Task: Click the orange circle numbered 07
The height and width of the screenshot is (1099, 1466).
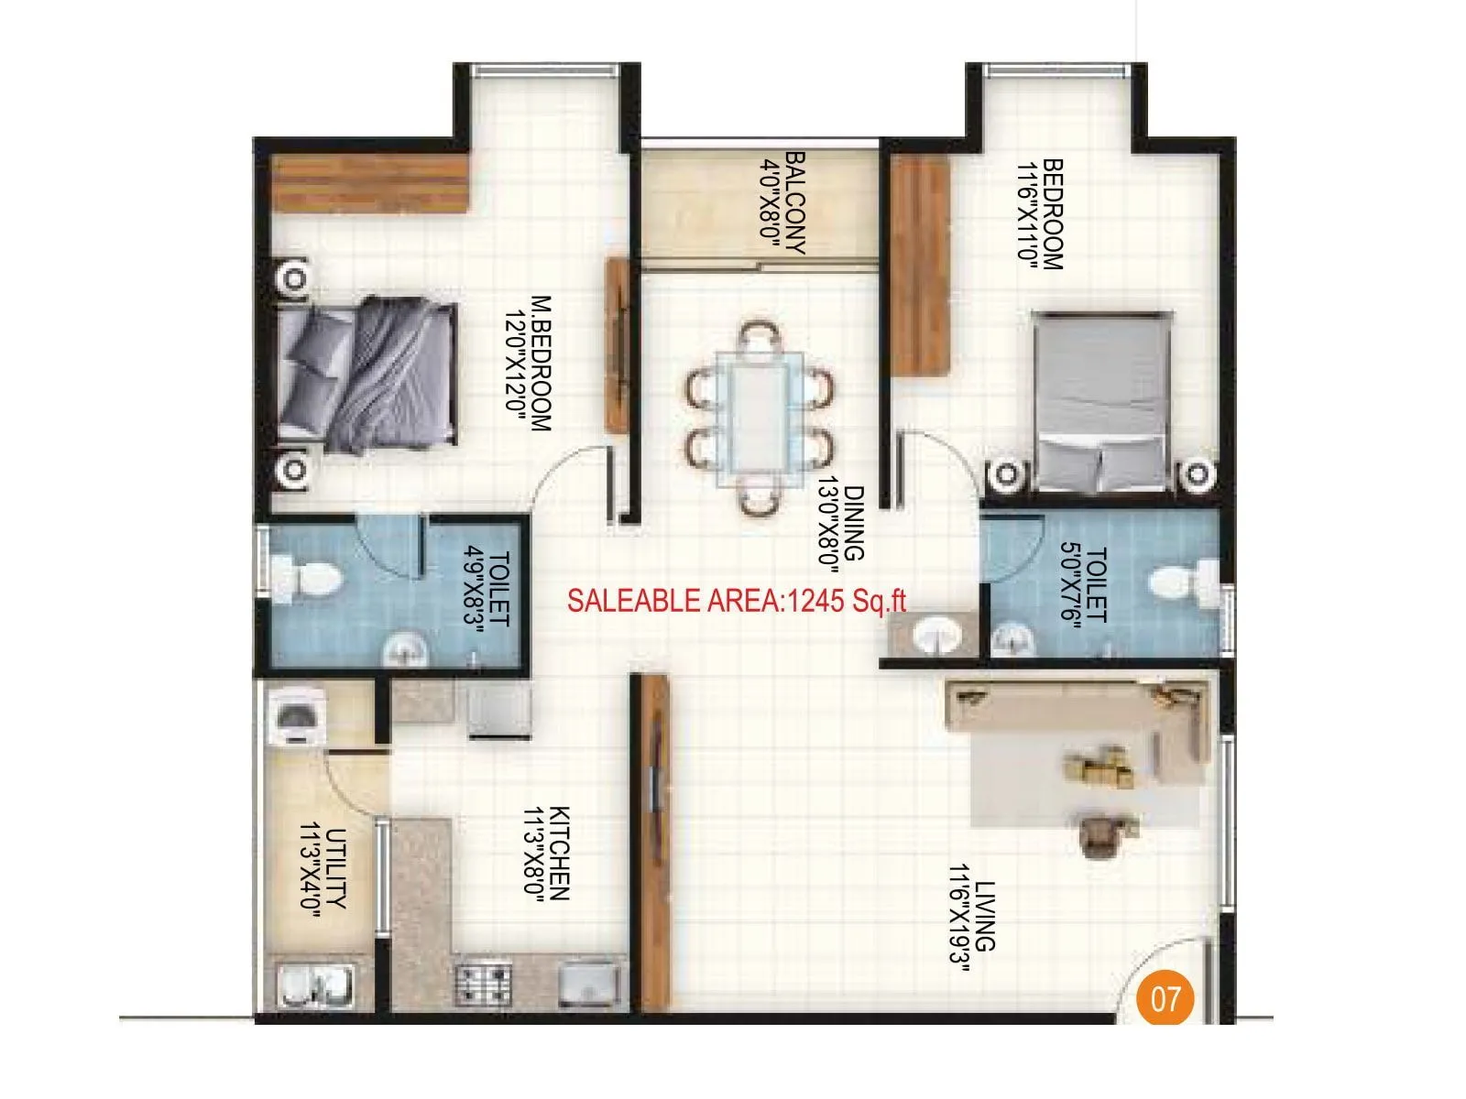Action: pyautogui.click(x=1165, y=997)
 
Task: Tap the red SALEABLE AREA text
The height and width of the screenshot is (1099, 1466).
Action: pyautogui.click(x=737, y=601)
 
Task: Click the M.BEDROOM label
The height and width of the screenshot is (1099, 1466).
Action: pyautogui.click(x=542, y=363)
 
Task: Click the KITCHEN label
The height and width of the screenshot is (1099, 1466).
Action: pyautogui.click(x=560, y=854)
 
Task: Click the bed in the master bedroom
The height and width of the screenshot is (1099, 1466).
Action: pyautogui.click(x=366, y=374)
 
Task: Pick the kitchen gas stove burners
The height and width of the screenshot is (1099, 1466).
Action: pyautogui.click(x=482, y=984)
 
